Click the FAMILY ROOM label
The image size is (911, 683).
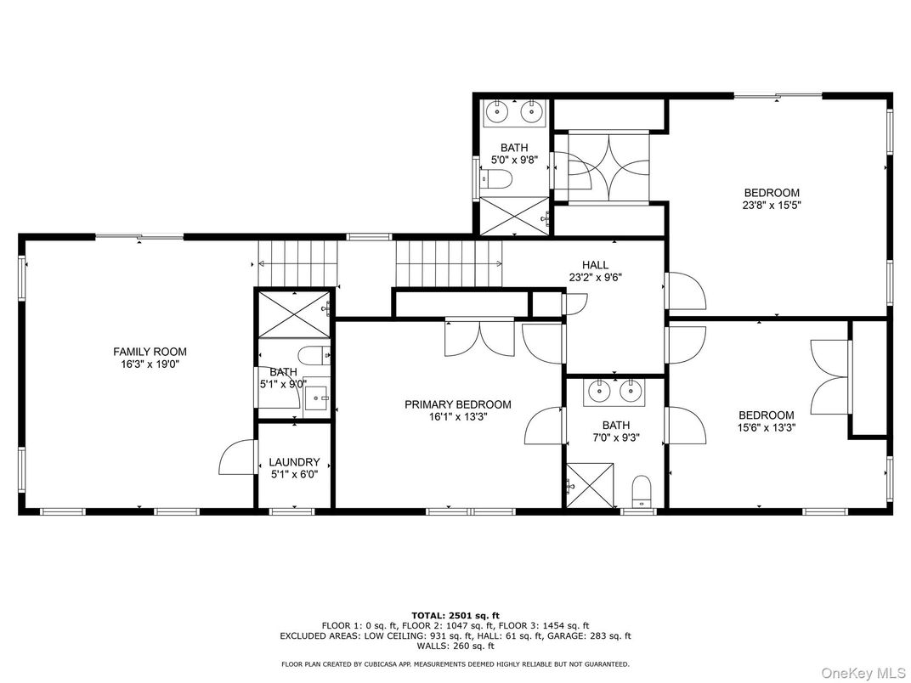point(150,352)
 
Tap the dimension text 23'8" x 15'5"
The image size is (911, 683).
point(772,205)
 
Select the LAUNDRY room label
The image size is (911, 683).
point(294,462)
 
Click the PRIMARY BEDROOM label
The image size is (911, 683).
point(457,404)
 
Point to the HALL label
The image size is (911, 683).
point(595,265)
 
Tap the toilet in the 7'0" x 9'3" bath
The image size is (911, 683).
point(642,490)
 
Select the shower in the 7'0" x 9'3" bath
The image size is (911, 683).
point(590,485)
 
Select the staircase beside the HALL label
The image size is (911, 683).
point(449,263)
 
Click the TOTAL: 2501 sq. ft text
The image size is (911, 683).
point(455,614)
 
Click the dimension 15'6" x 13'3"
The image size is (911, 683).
point(766,427)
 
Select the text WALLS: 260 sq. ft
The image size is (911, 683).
point(455,645)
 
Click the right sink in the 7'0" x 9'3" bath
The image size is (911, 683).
point(631,392)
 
